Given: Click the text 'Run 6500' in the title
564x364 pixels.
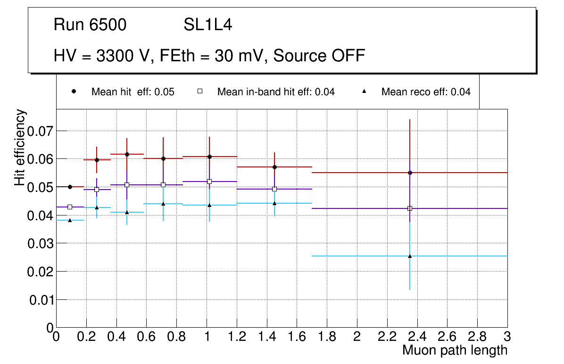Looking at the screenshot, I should click(x=90, y=25).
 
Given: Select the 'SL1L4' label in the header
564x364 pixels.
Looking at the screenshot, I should click(x=207, y=25).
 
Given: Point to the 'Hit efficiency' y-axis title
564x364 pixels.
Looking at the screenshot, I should click(x=20, y=148).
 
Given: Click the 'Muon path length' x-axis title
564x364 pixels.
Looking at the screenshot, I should click(x=455, y=350).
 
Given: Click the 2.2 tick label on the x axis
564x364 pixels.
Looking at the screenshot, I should click(x=387, y=337).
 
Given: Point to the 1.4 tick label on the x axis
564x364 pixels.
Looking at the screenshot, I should click(x=266, y=337).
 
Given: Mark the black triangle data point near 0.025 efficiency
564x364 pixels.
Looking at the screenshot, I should click(x=410, y=256).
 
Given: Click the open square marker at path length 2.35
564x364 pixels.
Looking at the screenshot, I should click(x=410, y=208).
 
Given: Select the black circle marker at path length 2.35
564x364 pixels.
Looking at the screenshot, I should click(x=410, y=173).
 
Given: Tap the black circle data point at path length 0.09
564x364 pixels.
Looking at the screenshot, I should click(x=70, y=187).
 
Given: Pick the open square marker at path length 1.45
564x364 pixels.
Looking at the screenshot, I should click(x=274, y=189).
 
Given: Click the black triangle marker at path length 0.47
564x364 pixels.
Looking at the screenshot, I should click(x=127, y=212).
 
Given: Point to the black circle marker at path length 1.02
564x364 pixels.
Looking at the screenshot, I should click(x=209, y=157).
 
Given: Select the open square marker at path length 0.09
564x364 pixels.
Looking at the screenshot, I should click(x=70, y=207).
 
